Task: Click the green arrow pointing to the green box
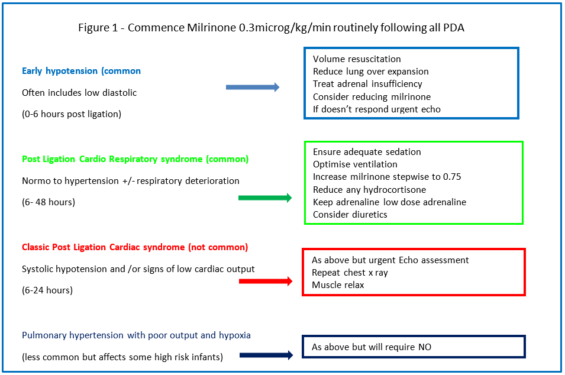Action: (265, 198)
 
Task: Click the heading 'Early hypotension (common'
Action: (81, 71)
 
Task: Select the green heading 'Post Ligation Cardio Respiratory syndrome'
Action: (135, 159)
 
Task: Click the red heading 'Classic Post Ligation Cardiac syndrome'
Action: (135, 247)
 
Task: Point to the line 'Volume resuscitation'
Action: (357, 59)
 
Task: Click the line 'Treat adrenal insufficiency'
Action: (367, 84)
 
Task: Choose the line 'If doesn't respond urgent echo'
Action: (376, 109)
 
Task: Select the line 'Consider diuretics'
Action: (350, 214)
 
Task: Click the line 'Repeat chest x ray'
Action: (350, 273)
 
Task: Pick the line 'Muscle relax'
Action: (338, 285)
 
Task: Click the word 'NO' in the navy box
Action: (424, 347)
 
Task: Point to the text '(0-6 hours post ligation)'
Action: (72, 114)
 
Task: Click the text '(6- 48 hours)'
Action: (49, 202)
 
